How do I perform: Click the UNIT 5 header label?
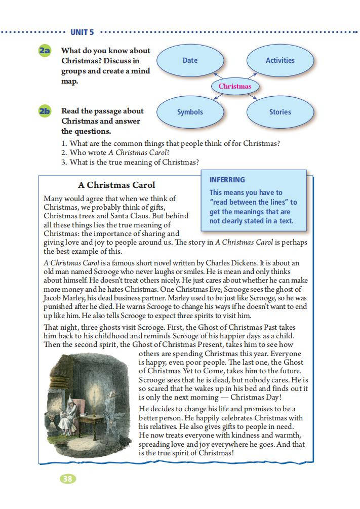click(82, 32)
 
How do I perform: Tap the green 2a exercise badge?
click(45, 51)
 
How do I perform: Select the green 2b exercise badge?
click(45, 111)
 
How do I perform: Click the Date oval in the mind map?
click(190, 60)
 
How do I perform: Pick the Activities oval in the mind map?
click(280, 60)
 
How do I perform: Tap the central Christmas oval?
click(235, 86)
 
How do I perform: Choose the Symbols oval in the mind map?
click(190, 112)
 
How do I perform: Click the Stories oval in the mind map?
click(280, 112)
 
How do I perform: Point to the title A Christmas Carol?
click(116, 185)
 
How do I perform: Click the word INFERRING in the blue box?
click(227, 180)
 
